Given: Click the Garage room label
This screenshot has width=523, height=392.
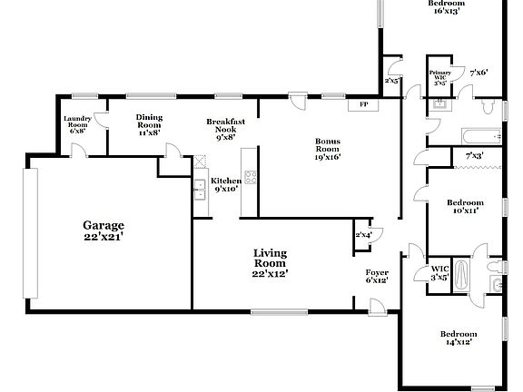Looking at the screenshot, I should [x=104, y=230].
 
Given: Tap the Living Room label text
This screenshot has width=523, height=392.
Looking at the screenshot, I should [x=271, y=263].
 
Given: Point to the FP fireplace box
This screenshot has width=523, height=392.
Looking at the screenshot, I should [x=364, y=105].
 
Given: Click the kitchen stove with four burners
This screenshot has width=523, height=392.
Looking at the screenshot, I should [x=250, y=178].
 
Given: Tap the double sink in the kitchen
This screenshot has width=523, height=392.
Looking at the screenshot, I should [x=199, y=189].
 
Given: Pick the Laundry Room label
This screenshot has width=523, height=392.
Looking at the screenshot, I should [x=77, y=124].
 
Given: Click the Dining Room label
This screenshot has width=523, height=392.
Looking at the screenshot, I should [x=149, y=124].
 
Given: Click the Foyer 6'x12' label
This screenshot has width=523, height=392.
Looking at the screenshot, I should [x=377, y=276].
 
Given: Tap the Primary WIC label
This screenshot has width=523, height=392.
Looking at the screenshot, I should [x=439, y=76].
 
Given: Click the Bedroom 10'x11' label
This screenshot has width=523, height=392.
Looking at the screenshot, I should [x=465, y=206].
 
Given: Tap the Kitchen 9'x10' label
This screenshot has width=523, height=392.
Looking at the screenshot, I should [x=225, y=185].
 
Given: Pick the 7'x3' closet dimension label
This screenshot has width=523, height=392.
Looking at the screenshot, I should [x=474, y=156].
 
